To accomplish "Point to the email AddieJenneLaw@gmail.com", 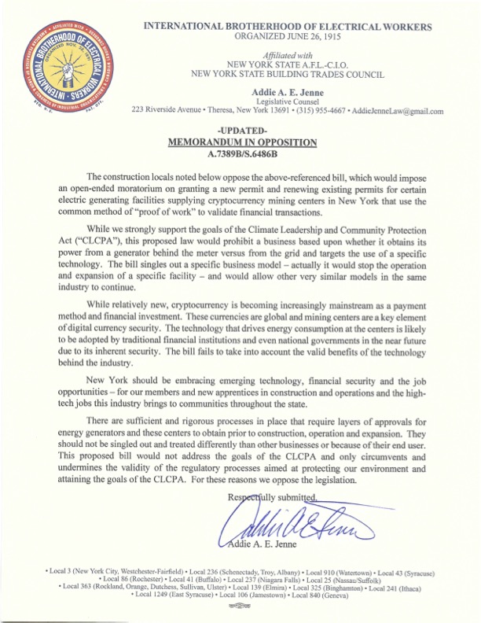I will tap(399, 111).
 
